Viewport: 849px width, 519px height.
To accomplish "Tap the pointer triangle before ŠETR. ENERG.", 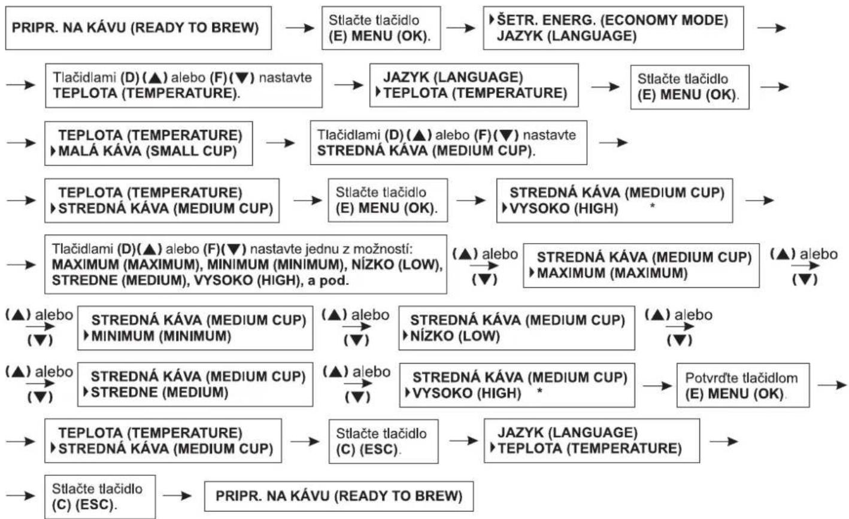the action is pyautogui.click(x=492, y=19).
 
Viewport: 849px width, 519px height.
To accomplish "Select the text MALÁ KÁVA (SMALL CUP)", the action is pyautogui.click(x=147, y=151).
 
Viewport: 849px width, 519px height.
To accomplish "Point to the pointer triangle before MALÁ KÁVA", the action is pyautogui.click(x=53, y=151).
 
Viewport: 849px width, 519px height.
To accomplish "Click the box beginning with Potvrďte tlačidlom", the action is pyautogui.click(x=743, y=386).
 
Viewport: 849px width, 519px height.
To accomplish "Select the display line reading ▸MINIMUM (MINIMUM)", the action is pyautogui.click(x=157, y=336).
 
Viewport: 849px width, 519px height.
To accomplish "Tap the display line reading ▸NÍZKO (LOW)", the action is pyautogui.click(x=451, y=336).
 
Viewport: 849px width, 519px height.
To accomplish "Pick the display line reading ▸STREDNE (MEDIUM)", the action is pyautogui.click(x=156, y=393).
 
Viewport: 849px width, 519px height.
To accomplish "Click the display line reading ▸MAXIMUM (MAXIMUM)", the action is pyautogui.click(x=609, y=273).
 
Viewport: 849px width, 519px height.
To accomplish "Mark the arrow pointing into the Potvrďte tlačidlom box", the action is pyautogui.click(x=657, y=386).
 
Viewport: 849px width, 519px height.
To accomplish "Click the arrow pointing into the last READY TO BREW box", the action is pyautogui.click(x=177, y=496).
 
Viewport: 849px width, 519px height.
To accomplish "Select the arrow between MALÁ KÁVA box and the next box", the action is pyautogui.click(x=280, y=143).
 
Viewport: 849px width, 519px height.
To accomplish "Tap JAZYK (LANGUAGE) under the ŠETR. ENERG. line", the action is pyautogui.click(x=566, y=36).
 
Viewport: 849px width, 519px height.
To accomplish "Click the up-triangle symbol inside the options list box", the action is pyautogui.click(x=150, y=249).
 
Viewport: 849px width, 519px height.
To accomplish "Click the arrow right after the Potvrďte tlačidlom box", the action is pyautogui.click(x=832, y=386).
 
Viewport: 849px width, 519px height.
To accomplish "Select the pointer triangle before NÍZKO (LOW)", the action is pyautogui.click(x=405, y=336).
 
